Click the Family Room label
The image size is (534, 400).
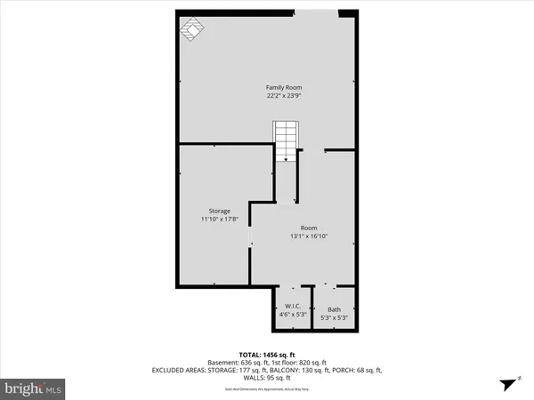[x=284, y=87]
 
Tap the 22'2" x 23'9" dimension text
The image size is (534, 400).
[x=284, y=97]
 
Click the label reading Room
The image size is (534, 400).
[x=309, y=228]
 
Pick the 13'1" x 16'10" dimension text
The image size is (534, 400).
[x=309, y=236]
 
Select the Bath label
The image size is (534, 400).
[x=334, y=309]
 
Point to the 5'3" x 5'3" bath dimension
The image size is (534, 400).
[x=334, y=317]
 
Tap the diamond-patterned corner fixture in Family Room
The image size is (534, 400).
[x=191, y=31]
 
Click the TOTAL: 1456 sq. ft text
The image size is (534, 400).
[x=268, y=354]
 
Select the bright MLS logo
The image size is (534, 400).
[x=33, y=388]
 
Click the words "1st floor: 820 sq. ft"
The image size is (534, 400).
[x=300, y=363]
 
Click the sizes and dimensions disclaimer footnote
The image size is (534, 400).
[x=267, y=389]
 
